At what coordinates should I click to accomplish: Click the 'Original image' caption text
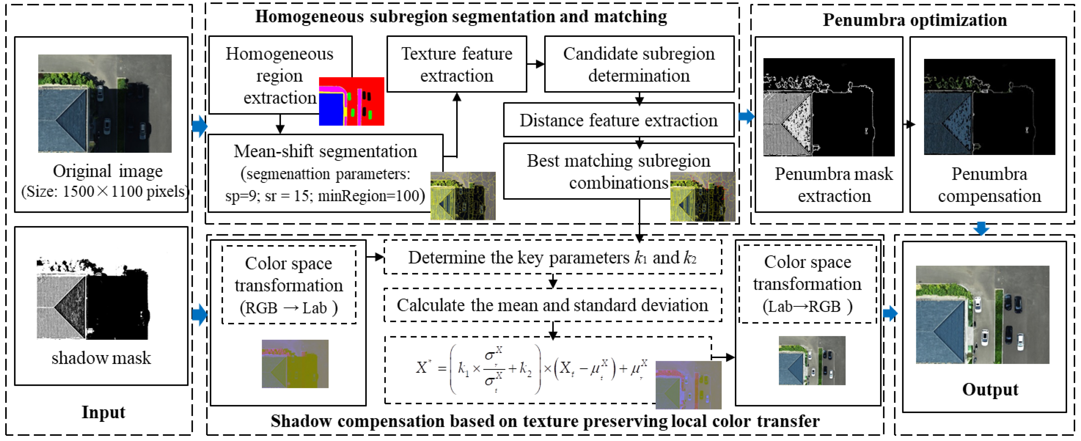pos(107,171)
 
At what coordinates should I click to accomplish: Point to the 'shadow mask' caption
pos(101,358)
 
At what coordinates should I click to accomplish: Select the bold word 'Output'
pos(990,389)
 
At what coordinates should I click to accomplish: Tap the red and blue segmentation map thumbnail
pos(351,101)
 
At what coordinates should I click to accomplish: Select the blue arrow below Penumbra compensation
pos(981,228)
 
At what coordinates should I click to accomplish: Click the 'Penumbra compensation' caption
pos(989,185)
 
